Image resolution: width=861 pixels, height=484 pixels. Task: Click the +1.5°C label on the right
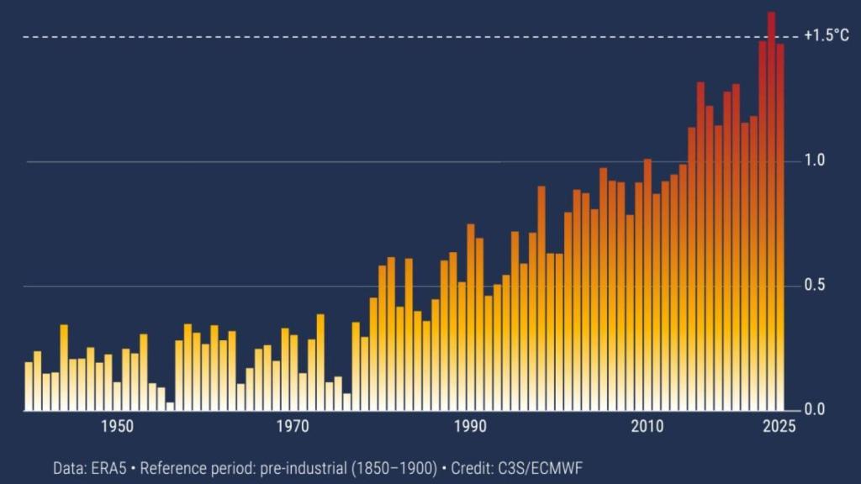[x=826, y=36]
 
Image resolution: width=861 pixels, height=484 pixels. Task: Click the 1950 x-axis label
[x=117, y=427]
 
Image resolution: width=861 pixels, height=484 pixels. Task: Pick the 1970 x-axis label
[x=293, y=427]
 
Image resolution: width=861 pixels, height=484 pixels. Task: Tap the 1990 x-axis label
[x=470, y=427]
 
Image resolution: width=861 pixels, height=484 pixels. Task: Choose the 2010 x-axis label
[x=647, y=427]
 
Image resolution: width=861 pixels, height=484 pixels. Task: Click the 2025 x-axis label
[x=779, y=427]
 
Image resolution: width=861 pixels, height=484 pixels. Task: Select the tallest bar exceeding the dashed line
[x=771, y=210]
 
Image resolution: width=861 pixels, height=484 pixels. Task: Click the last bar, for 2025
[x=780, y=227]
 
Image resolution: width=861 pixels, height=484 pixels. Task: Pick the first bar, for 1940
[x=29, y=387]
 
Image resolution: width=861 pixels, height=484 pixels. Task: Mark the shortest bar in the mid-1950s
[x=170, y=407]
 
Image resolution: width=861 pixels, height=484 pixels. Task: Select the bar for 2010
[x=647, y=286]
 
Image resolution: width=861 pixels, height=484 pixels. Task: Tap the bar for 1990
[x=471, y=319]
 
